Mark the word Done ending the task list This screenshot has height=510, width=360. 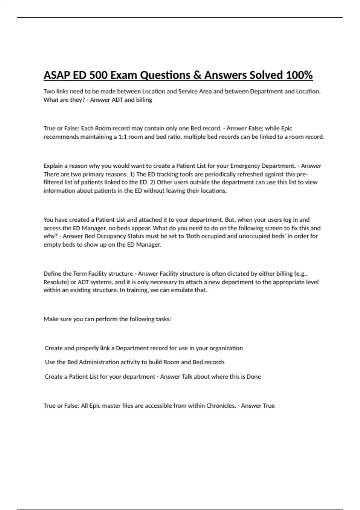point(254,376)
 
